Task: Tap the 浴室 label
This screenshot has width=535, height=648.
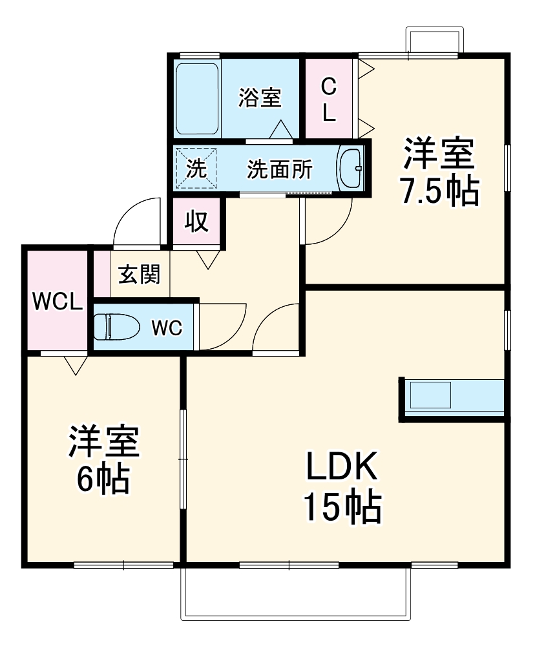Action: pyautogui.click(x=260, y=98)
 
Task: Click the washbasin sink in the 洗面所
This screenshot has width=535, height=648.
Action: pyautogui.click(x=351, y=169)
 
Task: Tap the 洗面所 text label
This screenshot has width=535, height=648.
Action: pyautogui.click(x=280, y=170)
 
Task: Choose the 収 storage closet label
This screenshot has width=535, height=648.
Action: pyautogui.click(x=197, y=222)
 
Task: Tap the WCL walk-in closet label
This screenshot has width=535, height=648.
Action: pyautogui.click(x=57, y=302)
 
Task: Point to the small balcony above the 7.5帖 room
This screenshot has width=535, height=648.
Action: pyautogui.click(x=434, y=40)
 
